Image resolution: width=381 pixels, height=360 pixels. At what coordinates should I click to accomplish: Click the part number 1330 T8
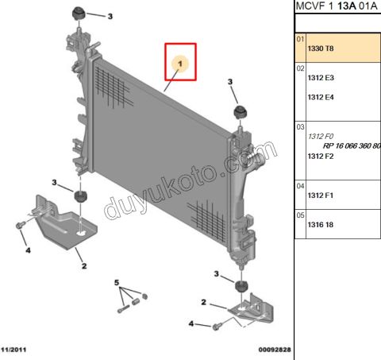pyautogui.click(x=321, y=48)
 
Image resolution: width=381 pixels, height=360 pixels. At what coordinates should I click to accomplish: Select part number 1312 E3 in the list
pyautogui.click(x=321, y=78)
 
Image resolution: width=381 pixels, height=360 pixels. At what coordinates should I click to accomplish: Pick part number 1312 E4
pyautogui.click(x=321, y=97)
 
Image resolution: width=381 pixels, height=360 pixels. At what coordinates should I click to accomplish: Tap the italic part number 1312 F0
pyautogui.click(x=321, y=137)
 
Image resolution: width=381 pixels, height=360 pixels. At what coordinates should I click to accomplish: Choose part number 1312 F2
pyautogui.click(x=321, y=157)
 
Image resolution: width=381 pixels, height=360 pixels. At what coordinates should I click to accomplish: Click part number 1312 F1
pyautogui.click(x=321, y=195)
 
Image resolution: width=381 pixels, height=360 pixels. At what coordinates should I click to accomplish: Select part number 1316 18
pyautogui.click(x=321, y=225)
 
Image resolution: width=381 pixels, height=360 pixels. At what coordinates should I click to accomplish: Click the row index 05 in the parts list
pyautogui.click(x=300, y=215)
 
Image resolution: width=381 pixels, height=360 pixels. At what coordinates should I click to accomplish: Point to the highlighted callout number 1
pyautogui.click(x=180, y=64)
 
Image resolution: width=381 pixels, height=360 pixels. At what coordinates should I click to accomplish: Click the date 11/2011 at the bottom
pyautogui.click(x=13, y=350)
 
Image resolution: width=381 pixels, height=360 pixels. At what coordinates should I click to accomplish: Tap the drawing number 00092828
pyautogui.click(x=275, y=350)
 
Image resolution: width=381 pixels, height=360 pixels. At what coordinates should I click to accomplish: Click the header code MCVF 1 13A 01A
pyautogui.click(x=337, y=6)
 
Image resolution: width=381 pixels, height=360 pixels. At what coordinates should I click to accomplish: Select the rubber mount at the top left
pyautogui.click(x=79, y=14)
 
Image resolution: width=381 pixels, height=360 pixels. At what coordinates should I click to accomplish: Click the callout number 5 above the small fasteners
pyautogui.click(x=117, y=283)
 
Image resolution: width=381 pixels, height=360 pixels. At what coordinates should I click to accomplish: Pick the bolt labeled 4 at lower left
pyautogui.click(x=20, y=226)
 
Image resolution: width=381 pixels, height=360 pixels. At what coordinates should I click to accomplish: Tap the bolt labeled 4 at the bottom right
pyautogui.click(x=216, y=327)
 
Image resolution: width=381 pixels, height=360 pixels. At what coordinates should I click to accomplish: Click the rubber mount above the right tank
pyautogui.click(x=241, y=112)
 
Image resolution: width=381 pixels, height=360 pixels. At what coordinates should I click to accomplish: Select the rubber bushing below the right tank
pyautogui.click(x=241, y=286)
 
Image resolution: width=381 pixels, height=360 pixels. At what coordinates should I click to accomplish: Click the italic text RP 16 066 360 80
pyautogui.click(x=352, y=146)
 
